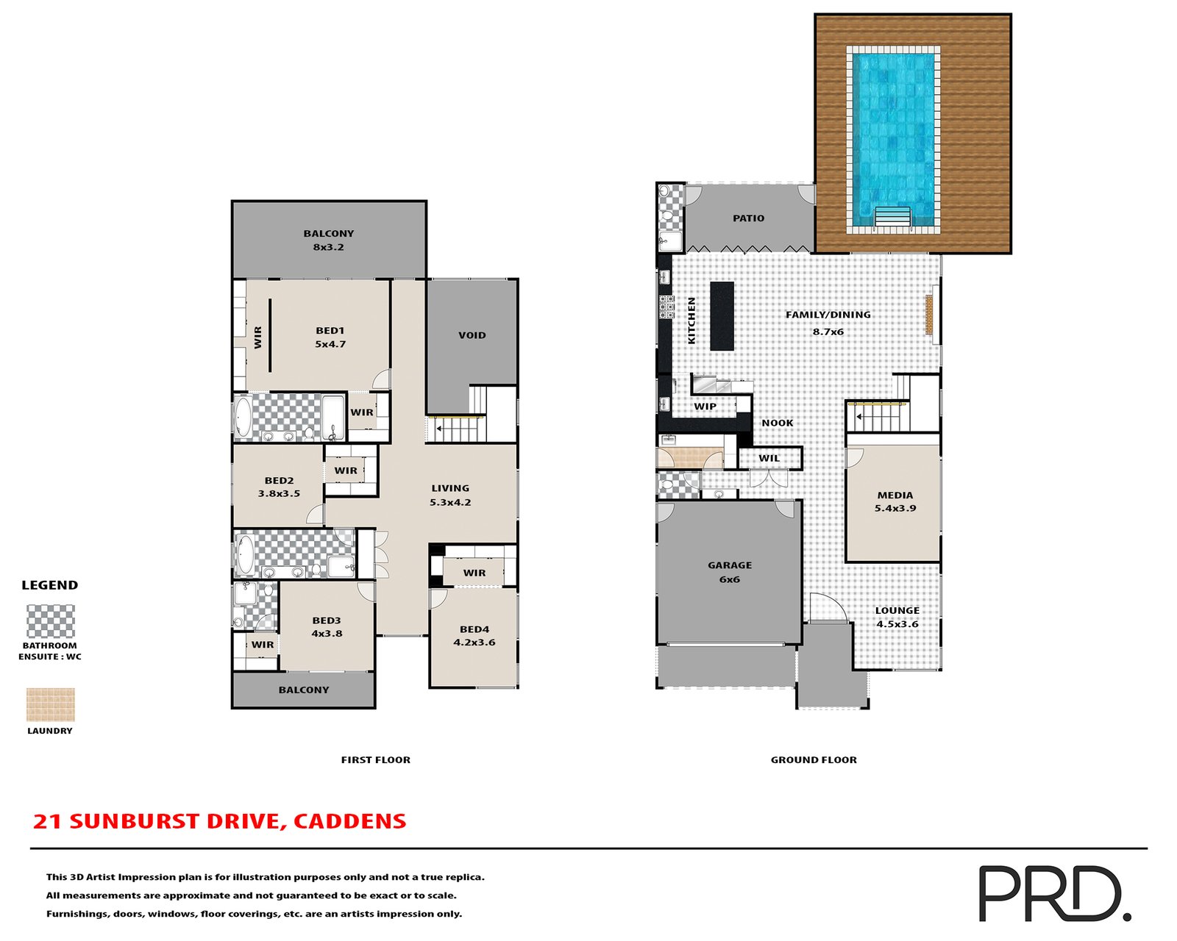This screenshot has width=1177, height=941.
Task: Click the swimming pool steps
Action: coord(892,218)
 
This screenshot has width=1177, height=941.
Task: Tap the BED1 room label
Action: coord(330,337)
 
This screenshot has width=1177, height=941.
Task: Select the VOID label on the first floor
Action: coord(472,335)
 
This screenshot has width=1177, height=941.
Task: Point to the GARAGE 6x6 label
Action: coord(730,572)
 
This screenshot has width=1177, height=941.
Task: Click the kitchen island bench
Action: coord(722,315)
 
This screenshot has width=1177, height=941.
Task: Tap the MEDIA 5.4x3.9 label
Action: coord(895,501)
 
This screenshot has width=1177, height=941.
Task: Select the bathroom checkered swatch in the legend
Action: coord(51,622)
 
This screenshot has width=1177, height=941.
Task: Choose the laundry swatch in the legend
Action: coord(51,704)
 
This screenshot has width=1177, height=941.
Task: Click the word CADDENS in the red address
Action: coord(349,821)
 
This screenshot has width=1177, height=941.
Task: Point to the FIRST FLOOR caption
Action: coord(375,760)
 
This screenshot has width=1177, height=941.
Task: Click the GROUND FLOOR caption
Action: coord(814,760)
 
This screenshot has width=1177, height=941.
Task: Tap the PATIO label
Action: coord(748,218)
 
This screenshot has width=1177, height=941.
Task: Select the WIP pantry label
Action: coord(705,407)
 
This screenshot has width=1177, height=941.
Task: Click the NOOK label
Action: coord(778,423)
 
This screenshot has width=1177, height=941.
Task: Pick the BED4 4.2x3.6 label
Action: coord(474,636)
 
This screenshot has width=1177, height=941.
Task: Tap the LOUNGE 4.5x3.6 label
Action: coord(897,617)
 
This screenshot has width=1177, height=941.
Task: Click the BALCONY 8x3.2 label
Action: coord(329,240)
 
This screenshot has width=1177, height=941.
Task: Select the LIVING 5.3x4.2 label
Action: coord(450,495)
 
